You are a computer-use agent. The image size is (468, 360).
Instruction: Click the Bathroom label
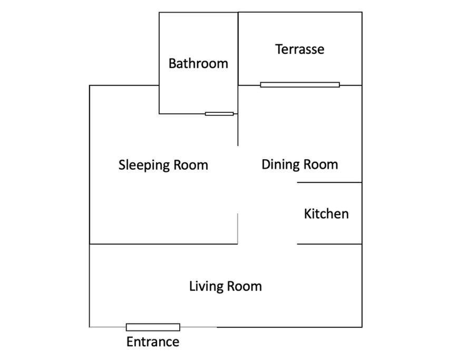(198, 63)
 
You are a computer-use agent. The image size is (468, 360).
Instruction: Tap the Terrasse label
(300, 49)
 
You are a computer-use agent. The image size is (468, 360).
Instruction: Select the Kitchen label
(326, 213)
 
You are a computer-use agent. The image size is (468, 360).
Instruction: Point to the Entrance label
(153, 342)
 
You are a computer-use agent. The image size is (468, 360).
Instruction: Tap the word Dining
(279, 165)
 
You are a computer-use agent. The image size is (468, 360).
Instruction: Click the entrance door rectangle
(153, 327)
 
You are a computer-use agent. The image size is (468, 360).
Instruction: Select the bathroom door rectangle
(219, 114)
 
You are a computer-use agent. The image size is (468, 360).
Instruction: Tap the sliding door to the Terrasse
(300, 85)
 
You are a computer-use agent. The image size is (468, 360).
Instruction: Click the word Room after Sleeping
(191, 165)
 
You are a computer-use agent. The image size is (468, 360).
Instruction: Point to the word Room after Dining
(320, 164)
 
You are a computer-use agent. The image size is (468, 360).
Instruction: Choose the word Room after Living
(244, 286)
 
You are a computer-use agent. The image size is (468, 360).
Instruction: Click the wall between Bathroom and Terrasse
(238, 48)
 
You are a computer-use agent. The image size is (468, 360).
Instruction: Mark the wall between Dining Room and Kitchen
(329, 182)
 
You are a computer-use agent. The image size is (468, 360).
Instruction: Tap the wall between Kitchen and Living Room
(329, 244)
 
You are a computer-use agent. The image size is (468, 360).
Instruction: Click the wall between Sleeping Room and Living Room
(163, 244)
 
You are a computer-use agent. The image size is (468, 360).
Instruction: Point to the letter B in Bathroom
(172, 64)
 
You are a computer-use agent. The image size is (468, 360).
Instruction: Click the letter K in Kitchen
(308, 213)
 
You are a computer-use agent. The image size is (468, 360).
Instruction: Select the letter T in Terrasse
(279, 49)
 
